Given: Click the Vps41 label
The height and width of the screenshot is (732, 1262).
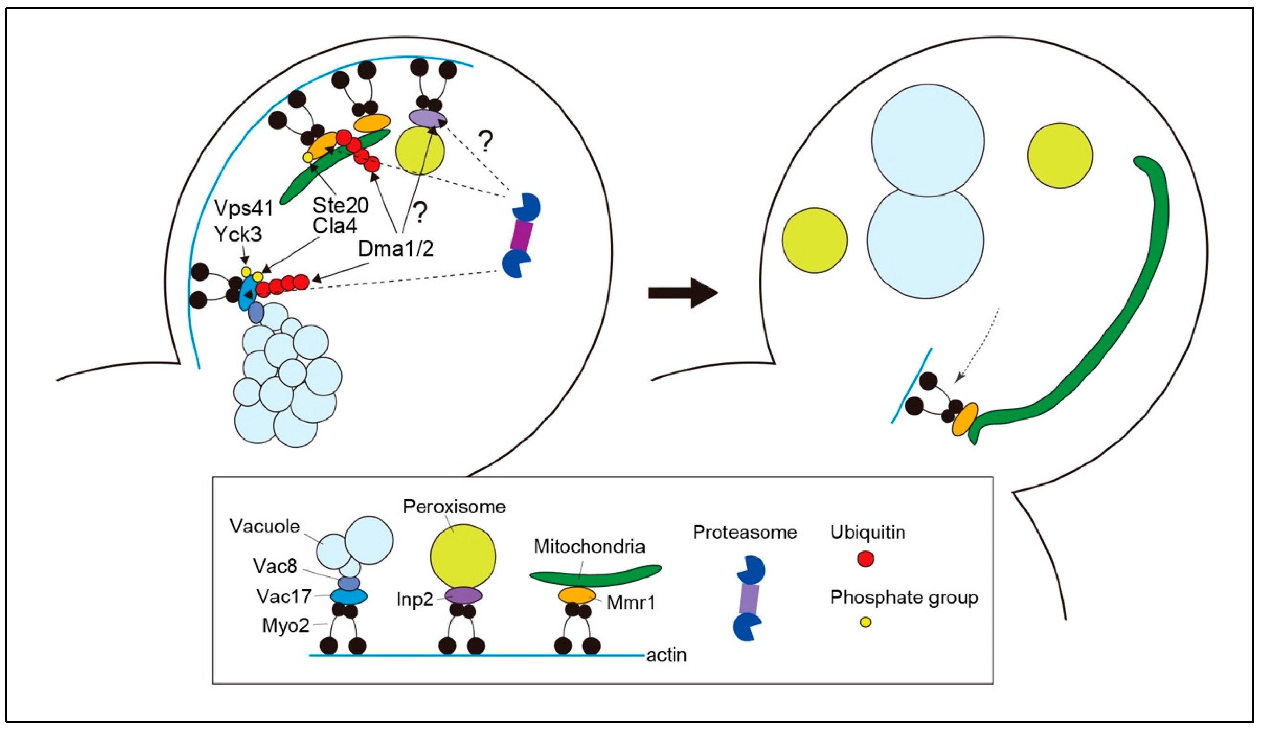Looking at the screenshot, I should click(244, 209).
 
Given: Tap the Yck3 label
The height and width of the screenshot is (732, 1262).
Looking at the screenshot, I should click(238, 234).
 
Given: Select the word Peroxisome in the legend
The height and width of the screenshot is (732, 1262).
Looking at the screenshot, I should click(454, 507).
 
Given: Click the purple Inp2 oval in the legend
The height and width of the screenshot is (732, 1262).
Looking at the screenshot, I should click(463, 595).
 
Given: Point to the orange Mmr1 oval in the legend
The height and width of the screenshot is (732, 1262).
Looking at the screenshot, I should click(577, 595).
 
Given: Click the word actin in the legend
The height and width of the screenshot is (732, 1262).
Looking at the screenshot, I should click(666, 655).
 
